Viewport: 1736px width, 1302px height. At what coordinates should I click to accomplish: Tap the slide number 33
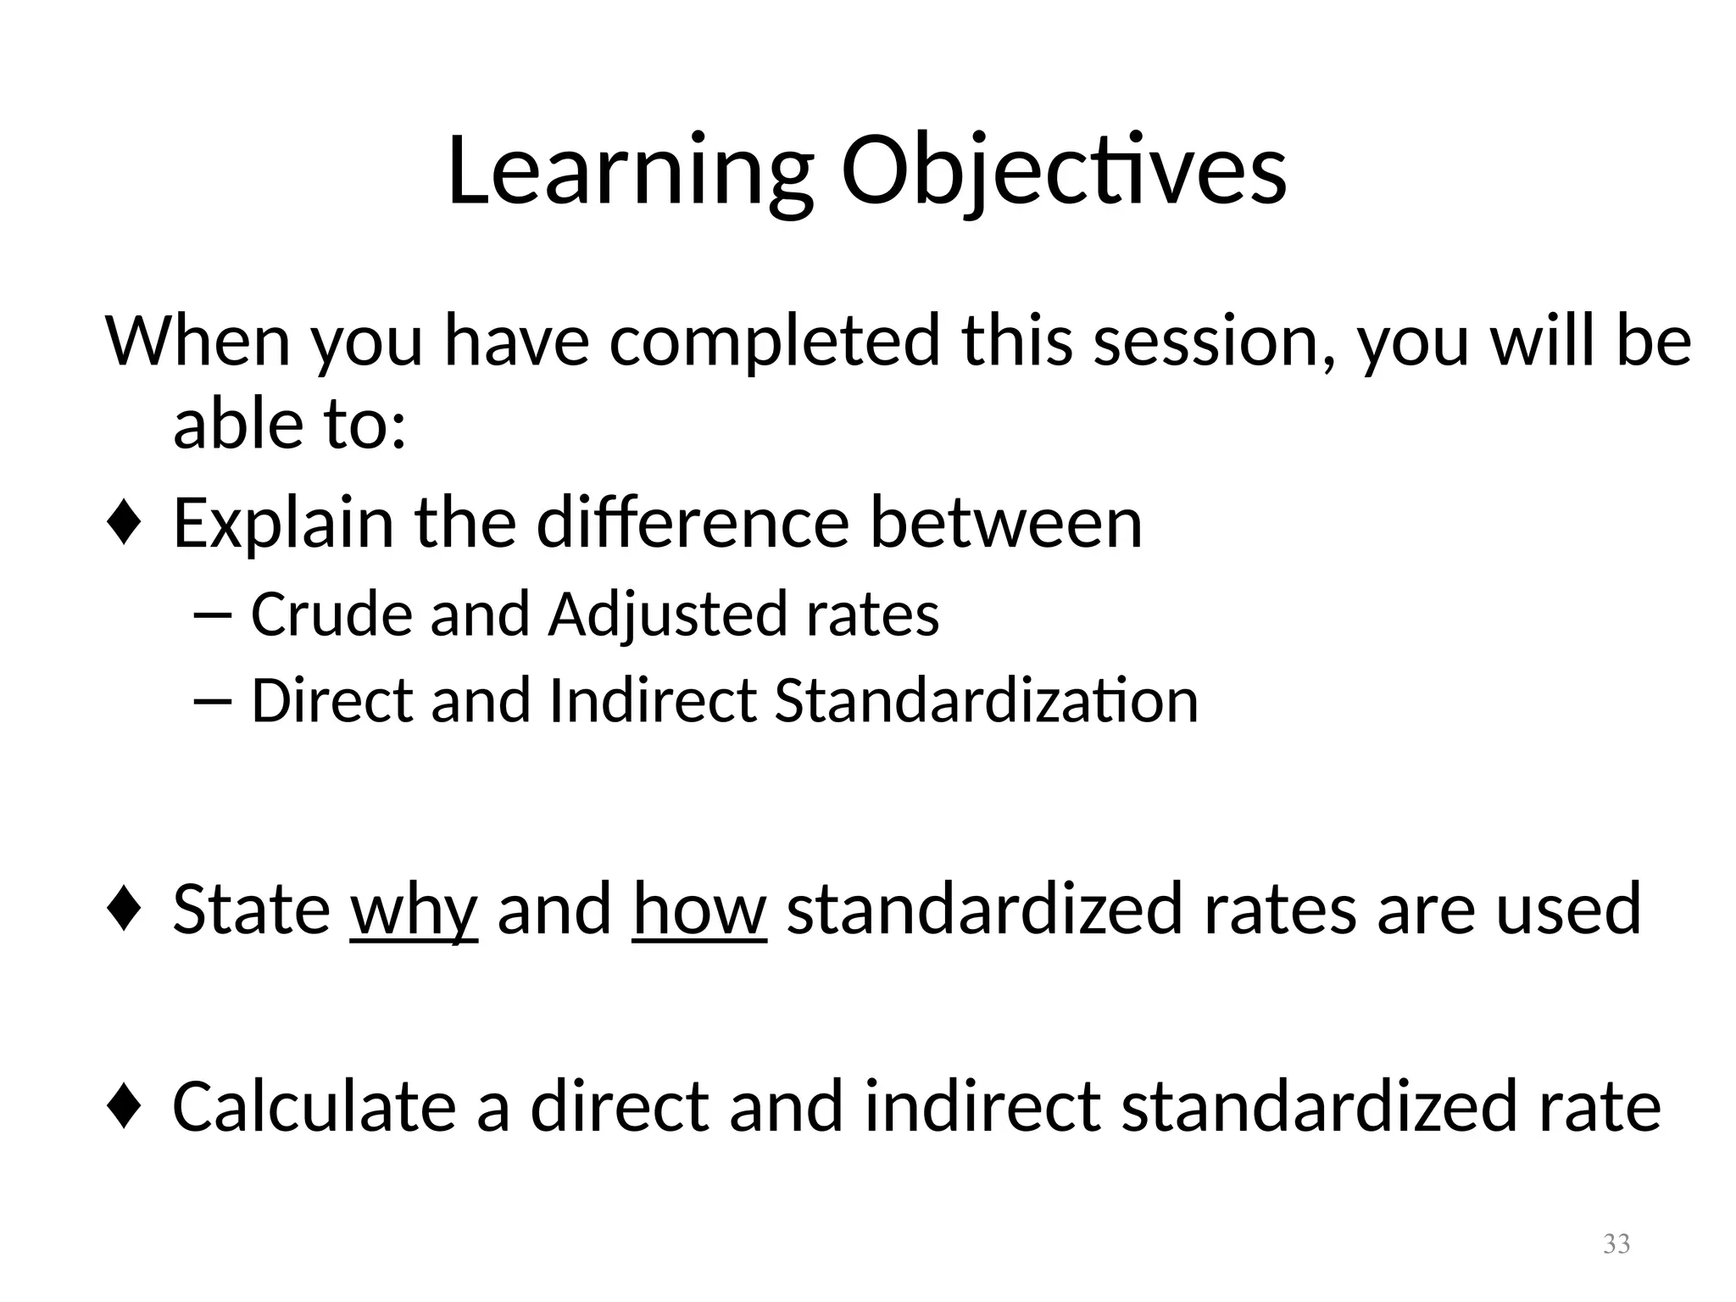[x=1616, y=1244]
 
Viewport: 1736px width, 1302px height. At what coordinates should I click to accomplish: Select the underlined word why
[x=414, y=910]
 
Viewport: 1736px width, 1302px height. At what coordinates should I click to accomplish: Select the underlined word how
[x=699, y=908]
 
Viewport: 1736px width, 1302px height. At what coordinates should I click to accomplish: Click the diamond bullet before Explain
[x=124, y=524]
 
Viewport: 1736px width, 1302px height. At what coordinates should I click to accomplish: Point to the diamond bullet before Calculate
[x=124, y=1107]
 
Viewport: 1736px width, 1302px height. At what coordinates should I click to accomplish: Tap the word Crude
[x=330, y=614]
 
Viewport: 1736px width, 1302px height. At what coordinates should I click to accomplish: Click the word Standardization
[x=986, y=701]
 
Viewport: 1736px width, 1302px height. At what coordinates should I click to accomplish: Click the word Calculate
[x=314, y=1107]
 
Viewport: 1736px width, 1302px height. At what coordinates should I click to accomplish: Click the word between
[x=1006, y=523]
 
